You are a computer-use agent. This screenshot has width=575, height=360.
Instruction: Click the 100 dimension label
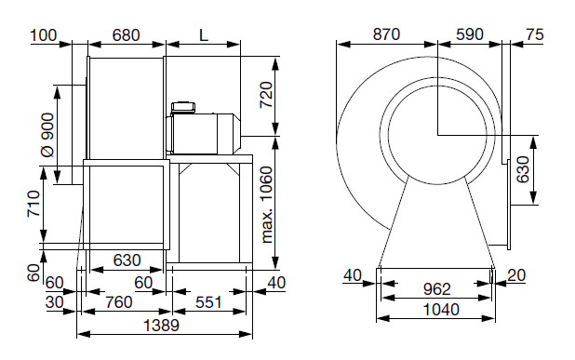tap(44, 35)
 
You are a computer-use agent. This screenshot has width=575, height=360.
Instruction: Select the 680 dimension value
tap(126, 35)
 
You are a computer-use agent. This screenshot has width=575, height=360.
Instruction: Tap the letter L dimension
tap(204, 35)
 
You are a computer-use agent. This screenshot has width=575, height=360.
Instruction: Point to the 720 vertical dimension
tap(267, 95)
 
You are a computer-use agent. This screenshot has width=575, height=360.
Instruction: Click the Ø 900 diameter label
tap(47, 135)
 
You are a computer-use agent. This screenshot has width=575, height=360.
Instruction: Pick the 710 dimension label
tap(33, 204)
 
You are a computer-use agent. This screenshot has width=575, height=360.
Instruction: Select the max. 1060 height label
tap(268, 205)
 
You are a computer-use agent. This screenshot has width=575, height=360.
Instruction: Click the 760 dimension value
tap(118, 302)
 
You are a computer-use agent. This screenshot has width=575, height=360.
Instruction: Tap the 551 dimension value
tap(208, 302)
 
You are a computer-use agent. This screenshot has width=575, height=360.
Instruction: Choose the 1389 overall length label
tap(161, 326)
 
